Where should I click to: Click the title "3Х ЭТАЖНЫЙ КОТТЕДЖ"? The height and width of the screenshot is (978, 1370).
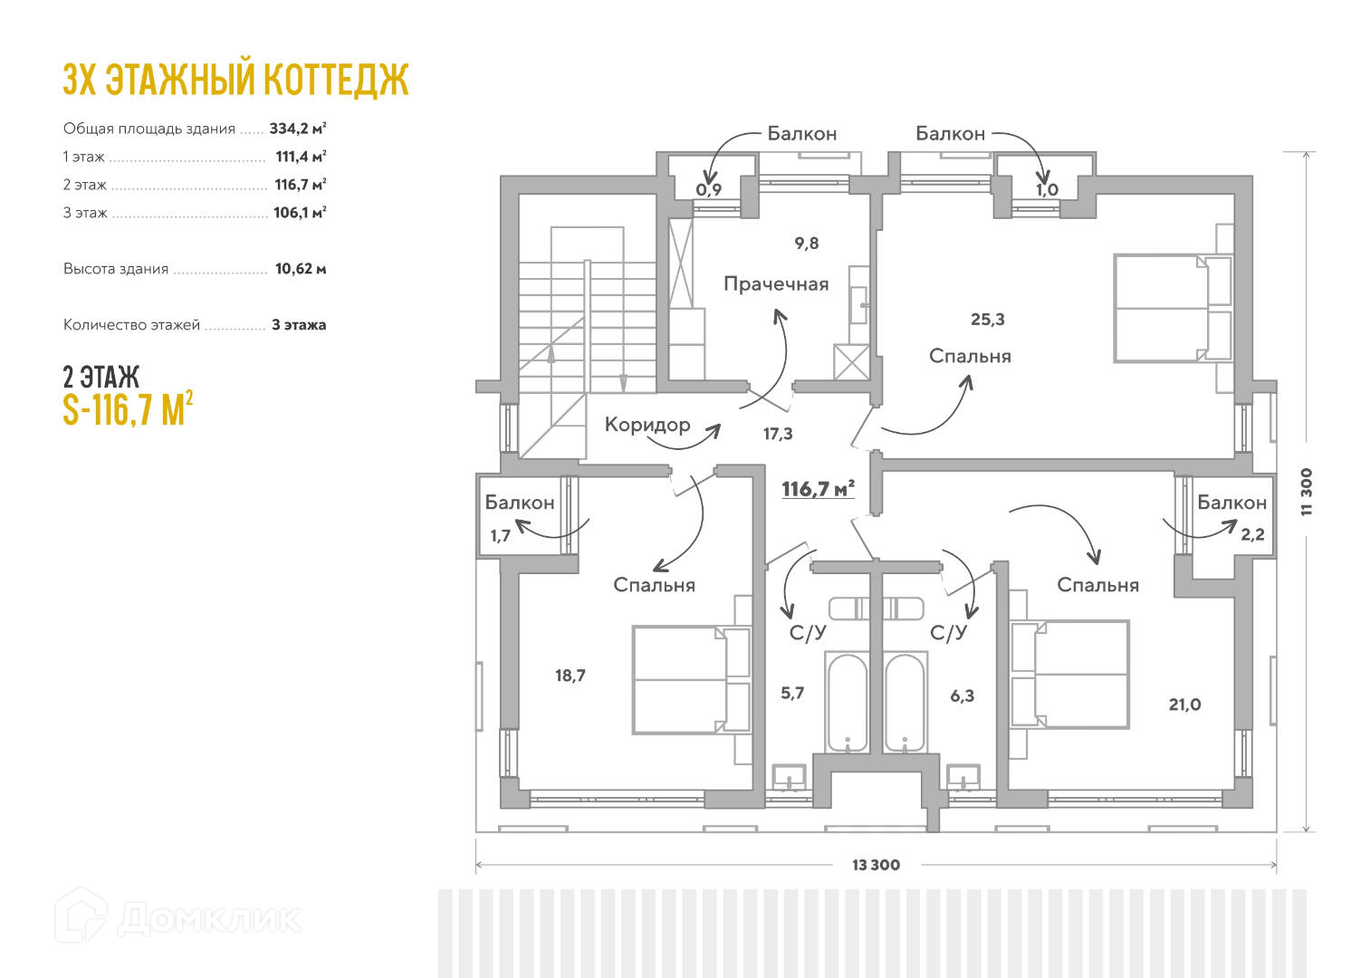pos(235,80)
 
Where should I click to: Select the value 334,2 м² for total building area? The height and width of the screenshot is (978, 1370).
pos(297,129)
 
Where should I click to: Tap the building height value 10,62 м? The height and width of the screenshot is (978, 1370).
pos(300,269)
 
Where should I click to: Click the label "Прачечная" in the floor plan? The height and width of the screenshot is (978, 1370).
pos(776,284)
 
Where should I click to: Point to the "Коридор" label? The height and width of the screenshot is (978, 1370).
pos(647,425)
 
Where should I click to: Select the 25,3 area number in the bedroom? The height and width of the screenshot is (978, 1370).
pos(987,319)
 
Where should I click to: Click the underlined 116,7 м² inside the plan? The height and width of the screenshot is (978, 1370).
pos(818,489)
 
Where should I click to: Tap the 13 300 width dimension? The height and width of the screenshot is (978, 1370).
pos(876,865)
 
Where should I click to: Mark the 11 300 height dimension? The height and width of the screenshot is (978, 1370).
pos(1306,492)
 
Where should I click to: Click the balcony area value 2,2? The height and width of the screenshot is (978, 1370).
pos(1252,534)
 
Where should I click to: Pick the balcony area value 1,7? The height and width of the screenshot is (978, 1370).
pos(501,535)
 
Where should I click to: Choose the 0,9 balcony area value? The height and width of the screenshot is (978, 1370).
pos(709,189)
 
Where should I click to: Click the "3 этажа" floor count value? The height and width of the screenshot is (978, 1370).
pos(299,325)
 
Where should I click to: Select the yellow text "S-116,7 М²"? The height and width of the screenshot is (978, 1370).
pos(128,409)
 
